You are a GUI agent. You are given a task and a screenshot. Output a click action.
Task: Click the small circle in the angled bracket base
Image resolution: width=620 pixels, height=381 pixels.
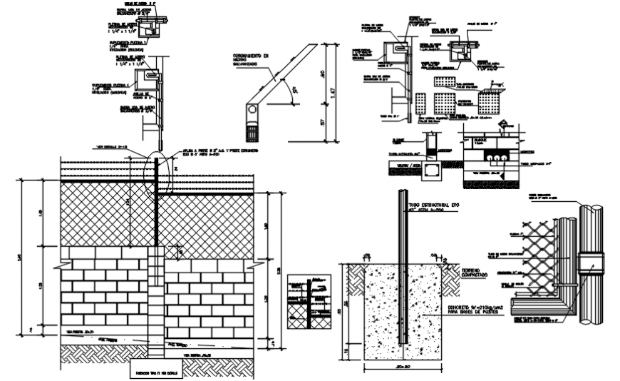251,110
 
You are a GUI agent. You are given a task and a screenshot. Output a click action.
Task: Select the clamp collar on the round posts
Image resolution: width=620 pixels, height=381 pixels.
590,263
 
